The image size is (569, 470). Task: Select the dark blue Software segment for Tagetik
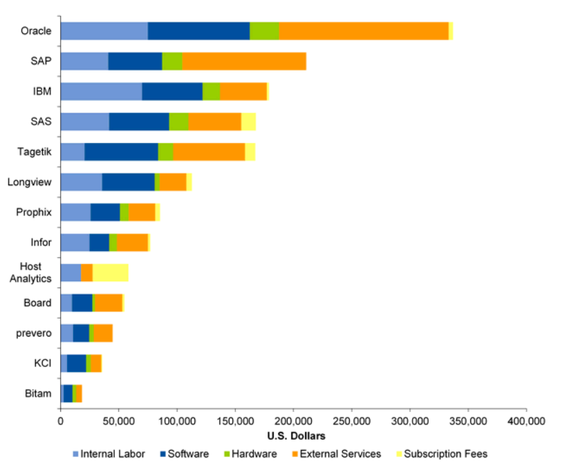click(121, 152)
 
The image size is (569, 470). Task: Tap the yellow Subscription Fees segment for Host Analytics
click(111, 272)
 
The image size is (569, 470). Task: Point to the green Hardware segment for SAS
click(178, 122)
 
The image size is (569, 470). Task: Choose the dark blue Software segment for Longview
click(129, 182)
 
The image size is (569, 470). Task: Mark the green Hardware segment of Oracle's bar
click(264, 31)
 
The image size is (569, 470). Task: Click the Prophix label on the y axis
click(34, 212)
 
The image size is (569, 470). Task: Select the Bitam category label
click(38, 393)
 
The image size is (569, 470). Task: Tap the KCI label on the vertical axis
click(42, 363)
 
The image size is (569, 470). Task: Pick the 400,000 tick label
click(526, 421)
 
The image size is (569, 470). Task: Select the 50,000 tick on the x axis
click(119, 421)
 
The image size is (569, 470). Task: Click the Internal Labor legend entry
click(109, 454)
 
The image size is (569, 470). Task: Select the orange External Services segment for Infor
click(132, 243)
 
